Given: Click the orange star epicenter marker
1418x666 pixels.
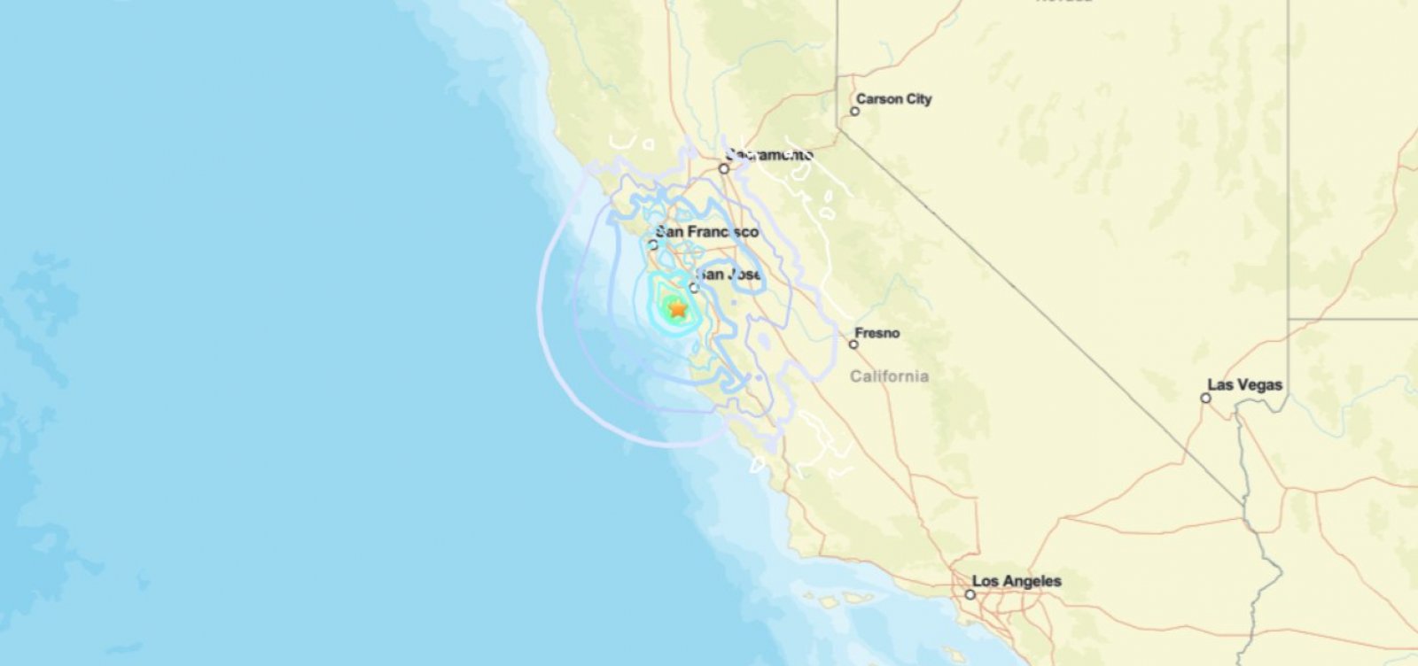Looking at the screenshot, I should coord(677,309).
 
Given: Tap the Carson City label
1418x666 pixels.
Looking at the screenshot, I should coord(894,99).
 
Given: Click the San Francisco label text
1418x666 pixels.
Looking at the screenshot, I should coord(707,232).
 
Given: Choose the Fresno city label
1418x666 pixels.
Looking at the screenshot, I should coord(878,333).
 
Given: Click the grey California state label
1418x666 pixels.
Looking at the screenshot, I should coord(890,376).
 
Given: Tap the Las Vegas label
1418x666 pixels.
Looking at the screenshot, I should coord(1245,385).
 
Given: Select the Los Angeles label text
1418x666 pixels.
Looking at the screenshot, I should coord(1017,581).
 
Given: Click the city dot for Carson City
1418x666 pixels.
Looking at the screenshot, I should coord(855,112).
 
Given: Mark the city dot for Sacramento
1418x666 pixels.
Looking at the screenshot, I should coord(724,168).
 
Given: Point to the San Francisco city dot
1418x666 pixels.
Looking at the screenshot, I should coord(654,245).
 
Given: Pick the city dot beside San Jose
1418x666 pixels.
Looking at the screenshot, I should coord(695,288).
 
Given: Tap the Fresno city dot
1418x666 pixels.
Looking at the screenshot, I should coord(853,345).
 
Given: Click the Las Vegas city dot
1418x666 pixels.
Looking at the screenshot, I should coord(1205,399).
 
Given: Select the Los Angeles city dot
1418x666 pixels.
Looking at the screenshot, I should coord(970,594).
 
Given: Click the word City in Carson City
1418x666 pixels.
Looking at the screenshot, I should coord(917,99).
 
